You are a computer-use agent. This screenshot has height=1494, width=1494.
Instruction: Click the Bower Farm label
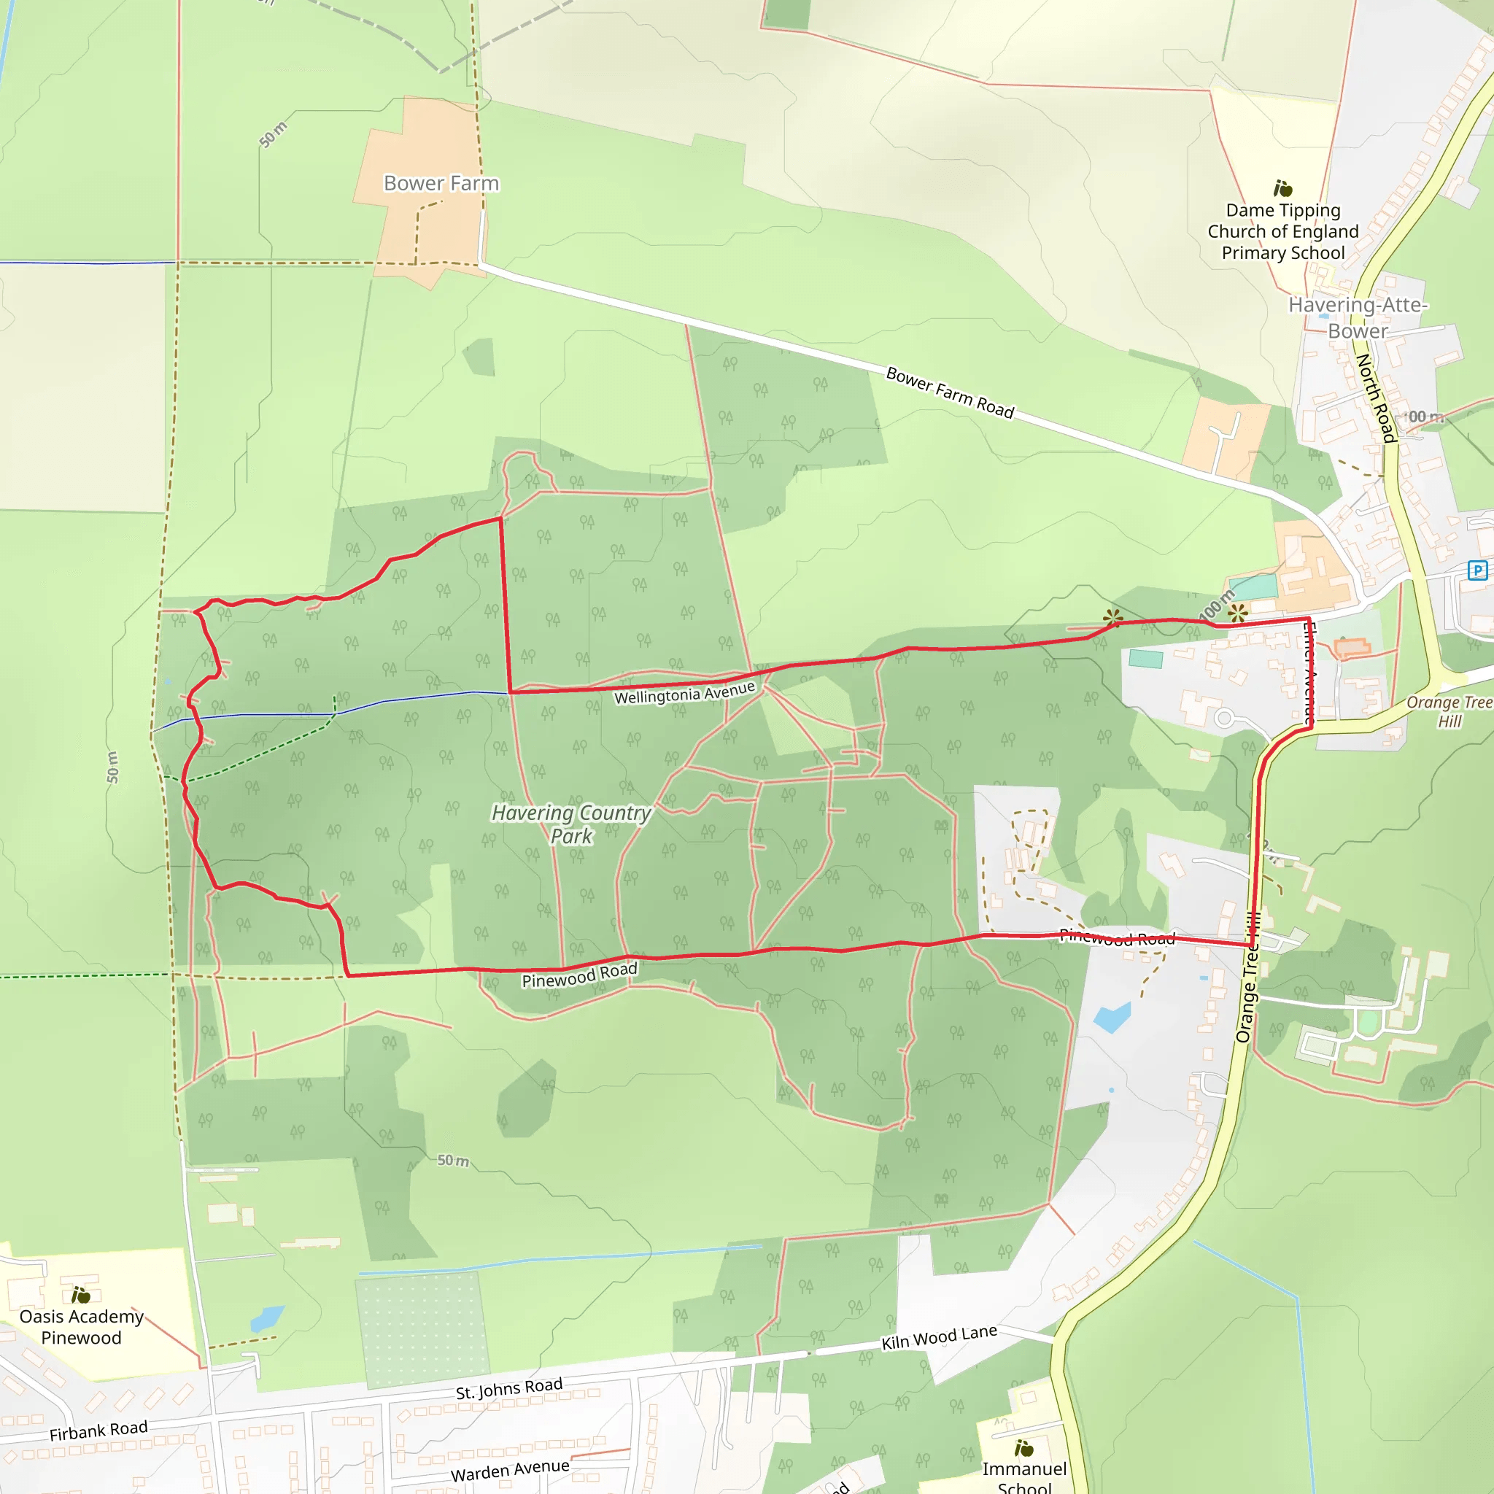tap(441, 183)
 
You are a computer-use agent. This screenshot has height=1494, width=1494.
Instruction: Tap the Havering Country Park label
tap(571, 824)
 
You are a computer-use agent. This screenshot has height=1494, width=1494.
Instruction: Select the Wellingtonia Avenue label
tap(684, 693)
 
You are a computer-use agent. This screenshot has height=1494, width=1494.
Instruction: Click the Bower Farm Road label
tap(950, 393)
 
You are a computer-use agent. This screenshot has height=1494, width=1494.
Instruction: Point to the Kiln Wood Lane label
tap(939, 1337)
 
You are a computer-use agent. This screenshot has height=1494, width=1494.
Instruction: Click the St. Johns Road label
tap(509, 1389)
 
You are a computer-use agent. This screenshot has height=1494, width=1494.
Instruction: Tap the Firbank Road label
tap(98, 1431)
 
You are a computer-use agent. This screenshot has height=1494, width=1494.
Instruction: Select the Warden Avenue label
tap(510, 1470)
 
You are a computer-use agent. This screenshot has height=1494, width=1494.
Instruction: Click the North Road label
tap(1376, 398)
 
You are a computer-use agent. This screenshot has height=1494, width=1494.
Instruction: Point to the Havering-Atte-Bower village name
tap(1358, 318)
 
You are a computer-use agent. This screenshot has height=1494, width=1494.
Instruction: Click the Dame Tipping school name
tap(1283, 231)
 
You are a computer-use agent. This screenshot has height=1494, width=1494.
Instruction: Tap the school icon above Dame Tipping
tap(1283, 189)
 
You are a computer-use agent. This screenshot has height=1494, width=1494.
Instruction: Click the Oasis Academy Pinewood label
tap(81, 1327)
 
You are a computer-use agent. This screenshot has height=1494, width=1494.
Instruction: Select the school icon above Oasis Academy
tap(80, 1296)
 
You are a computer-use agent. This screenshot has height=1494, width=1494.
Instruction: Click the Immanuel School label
tap(1023, 1478)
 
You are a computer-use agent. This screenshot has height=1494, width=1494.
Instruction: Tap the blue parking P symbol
tap(1478, 570)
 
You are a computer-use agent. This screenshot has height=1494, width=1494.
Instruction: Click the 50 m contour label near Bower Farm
tap(272, 134)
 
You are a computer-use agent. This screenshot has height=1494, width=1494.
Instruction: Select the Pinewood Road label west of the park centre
tap(579, 976)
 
